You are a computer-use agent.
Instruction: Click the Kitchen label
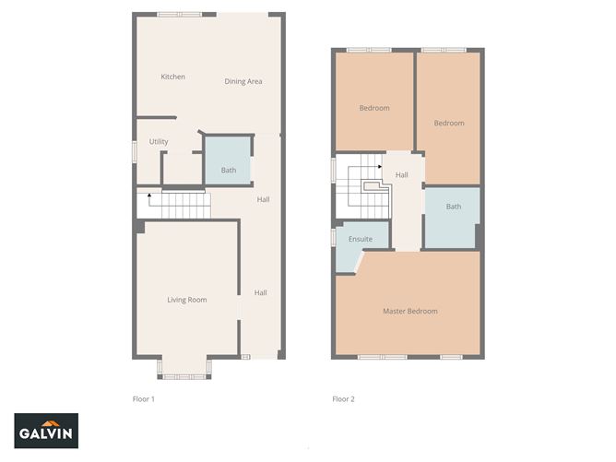coord(172,77)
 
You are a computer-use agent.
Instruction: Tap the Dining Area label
coord(243,81)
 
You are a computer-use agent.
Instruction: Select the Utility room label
coord(159,141)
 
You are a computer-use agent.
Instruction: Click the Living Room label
coord(186,300)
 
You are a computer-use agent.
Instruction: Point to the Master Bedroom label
coord(409,311)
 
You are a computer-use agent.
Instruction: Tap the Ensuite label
coord(360,239)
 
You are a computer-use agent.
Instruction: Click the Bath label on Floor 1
coord(229,170)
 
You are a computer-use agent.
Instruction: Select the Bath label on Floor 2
coord(453,207)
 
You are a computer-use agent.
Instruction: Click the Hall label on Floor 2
coord(401,174)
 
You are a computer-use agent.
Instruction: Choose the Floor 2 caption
coord(343,399)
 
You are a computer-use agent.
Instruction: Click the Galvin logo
coord(46,430)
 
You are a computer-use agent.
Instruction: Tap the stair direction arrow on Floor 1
coord(149,196)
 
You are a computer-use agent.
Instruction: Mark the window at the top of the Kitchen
coord(179,14)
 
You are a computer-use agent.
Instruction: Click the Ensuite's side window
coord(333,237)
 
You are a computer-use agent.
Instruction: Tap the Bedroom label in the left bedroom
coord(373,108)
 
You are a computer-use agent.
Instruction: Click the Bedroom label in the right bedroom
coord(448,123)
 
